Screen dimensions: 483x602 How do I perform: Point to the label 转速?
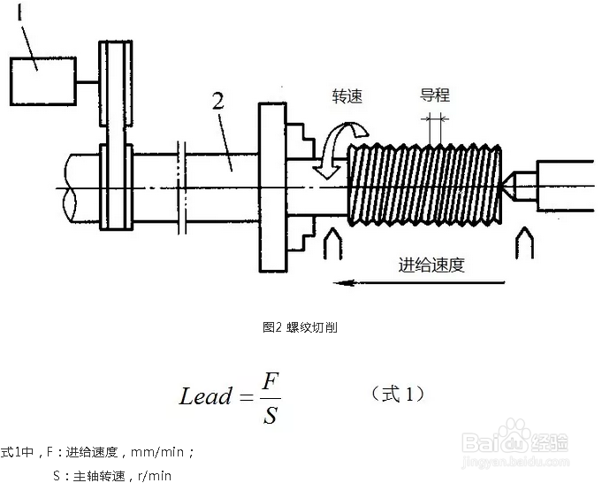pyautogui.click(x=347, y=96)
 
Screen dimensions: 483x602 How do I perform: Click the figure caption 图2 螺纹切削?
pyautogui.click(x=300, y=327)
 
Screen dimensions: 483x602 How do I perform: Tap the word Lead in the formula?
pyautogui.click(x=204, y=396)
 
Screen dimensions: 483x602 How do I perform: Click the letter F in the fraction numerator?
pyautogui.click(x=271, y=380)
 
